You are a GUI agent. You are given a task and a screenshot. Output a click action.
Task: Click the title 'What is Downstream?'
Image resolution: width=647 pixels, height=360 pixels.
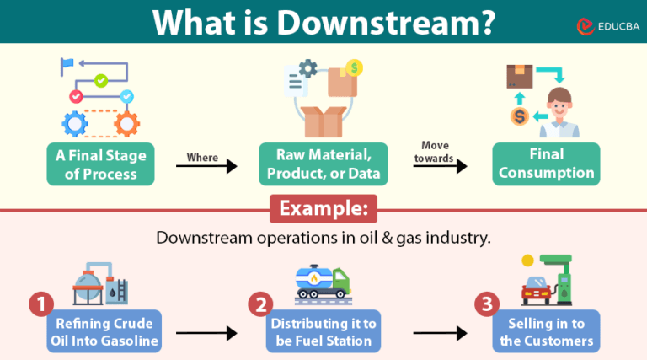coord(324,22)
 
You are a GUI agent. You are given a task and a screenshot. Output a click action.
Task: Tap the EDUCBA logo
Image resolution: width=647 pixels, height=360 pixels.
coord(601,27)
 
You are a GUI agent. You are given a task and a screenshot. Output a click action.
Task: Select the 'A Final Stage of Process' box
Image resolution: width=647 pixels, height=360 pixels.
coord(101,164)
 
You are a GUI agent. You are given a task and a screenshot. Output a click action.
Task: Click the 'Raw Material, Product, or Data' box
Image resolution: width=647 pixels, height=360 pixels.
coord(324,164)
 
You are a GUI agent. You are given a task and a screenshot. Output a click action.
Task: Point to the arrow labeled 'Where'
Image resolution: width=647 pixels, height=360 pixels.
coord(206,167)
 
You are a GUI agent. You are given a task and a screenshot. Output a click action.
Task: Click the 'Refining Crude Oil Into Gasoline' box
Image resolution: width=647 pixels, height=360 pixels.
coord(105,331)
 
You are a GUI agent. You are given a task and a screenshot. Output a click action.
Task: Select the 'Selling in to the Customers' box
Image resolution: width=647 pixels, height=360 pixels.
coord(546,331)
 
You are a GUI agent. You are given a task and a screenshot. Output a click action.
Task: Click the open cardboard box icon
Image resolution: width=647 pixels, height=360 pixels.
coord(323,120)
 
